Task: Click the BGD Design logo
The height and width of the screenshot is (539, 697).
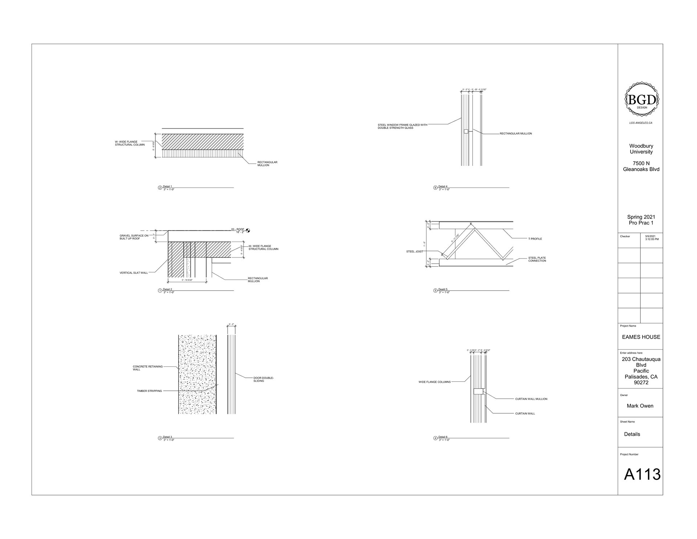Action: [641, 99]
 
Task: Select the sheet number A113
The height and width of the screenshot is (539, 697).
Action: [642, 474]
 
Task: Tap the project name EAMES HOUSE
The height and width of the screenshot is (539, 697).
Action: [641, 337]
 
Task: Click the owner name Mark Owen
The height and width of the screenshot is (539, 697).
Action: [640, 406]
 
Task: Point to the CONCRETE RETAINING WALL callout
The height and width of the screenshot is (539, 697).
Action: [147, 368]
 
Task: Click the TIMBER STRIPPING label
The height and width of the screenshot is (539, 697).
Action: [149, 391]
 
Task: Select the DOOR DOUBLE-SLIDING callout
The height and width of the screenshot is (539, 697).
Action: [263, 379]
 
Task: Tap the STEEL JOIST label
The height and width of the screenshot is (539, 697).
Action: [414, 251]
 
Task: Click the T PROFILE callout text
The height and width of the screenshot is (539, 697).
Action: [535, 239]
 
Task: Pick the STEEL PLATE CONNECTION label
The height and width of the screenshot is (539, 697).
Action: [537, 259]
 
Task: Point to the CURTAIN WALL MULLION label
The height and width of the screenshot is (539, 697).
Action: [531, 399]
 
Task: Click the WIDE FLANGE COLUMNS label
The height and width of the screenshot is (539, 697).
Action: [434, 382]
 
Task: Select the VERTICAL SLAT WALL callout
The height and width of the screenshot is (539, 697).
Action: [134, 273]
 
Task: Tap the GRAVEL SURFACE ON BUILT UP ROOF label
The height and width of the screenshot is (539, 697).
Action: [134, 237]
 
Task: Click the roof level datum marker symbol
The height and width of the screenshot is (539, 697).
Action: [248, 230]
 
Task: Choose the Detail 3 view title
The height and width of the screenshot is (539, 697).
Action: [167, 437]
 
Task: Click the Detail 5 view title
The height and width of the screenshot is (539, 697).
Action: [443, 289]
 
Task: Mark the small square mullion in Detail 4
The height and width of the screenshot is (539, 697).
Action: [466, 131]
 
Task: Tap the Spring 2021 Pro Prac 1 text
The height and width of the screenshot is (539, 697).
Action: [641, 220]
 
